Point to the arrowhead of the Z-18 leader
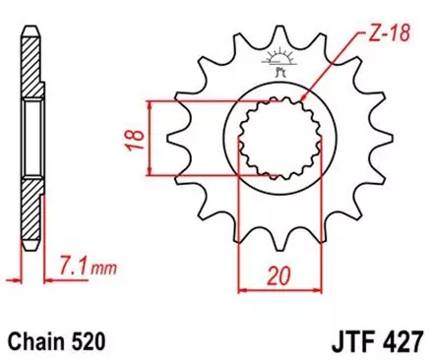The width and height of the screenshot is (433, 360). (x=302, y=101)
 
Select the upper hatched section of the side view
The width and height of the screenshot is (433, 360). (x=31, y=69)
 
